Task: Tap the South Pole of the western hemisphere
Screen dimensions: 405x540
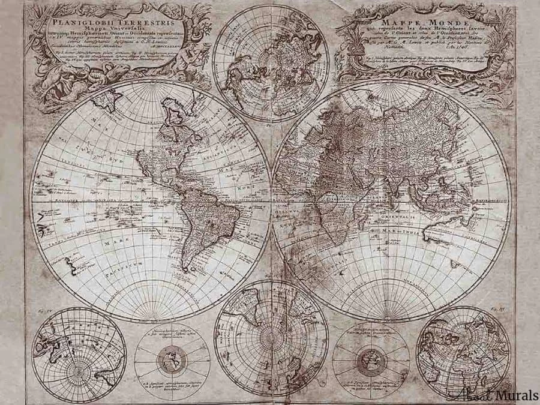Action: click(150, 318)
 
